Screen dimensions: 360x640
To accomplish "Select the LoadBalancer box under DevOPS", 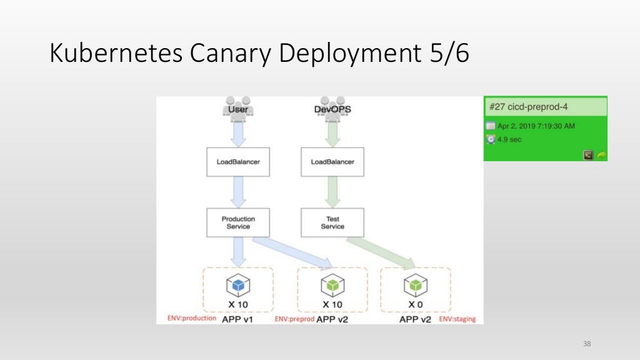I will click(x=332, y=162).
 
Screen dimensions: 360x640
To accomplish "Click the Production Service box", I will click(x=238, y=222).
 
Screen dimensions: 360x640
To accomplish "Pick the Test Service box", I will click(x=332, y=222).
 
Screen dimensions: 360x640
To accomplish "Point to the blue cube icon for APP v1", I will click(x=237, y=285).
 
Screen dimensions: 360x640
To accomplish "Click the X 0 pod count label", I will click(x=415, y=304).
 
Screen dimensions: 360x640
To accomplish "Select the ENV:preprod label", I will click(x=294, y=319).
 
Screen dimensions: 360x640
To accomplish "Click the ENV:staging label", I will click(x=457, y=319).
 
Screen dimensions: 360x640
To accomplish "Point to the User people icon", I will click(x=237, y=106).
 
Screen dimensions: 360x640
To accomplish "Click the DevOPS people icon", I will click(x=332, y=106).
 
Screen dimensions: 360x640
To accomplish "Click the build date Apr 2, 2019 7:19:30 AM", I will click(x=536, y=126).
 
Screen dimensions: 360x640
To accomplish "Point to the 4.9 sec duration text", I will click(x=509, y=139).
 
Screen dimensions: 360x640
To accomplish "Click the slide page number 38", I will click(x=586, y=344).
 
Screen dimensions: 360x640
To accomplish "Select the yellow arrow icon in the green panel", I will click(x=602, y=155).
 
